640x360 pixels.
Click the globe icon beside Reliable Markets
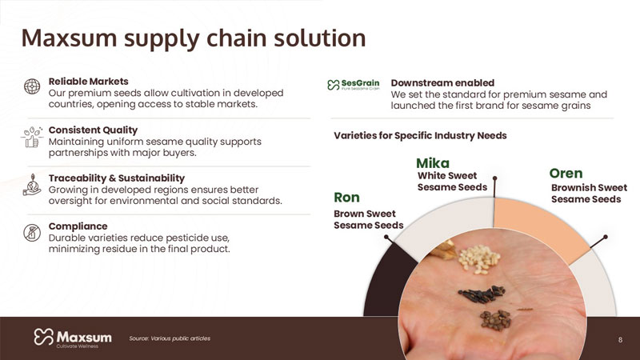[x=32, y=86]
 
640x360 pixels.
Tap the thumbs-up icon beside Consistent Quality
[x=32, y=137]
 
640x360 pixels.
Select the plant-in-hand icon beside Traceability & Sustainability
[x=32, y=185]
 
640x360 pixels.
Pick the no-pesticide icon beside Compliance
[x=32, y=233]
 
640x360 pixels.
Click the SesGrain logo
[x=354, y=85]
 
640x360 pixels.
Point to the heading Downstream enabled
[x=442, y=83]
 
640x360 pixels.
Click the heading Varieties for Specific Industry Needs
[x=420, y=135]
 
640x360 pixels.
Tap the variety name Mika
[x=433, y=163]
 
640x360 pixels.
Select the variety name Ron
[x=346, y=198]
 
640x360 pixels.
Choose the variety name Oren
[x=566, y=174]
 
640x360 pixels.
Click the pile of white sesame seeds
[x=479, y=259]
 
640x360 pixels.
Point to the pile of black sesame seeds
[x=482, y=294]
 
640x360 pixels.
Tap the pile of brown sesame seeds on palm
[x=495, y=319]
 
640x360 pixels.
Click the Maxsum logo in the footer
[x=73, y=338]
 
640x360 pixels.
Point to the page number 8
[x=621, y=339]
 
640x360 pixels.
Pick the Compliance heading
[x=78, y=226]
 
